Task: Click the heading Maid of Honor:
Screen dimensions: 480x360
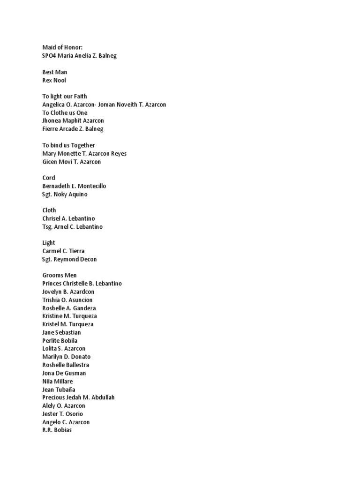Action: [x=62, y=47]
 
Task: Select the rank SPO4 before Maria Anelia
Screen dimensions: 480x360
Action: [x=49, y=56]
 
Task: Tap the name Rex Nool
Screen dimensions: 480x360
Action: [x=54, y=80]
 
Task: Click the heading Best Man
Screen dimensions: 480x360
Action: [x=54, y=72]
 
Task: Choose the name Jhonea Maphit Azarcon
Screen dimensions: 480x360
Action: [x=73, y=121]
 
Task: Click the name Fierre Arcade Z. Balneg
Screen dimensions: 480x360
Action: [x=73, y=129]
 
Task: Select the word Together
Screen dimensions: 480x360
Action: [x=83, y=145]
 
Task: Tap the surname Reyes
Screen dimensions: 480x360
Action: [x=118, y=153]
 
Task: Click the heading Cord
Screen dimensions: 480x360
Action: [x=49, y=178]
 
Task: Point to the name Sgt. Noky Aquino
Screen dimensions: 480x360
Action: [x=65, y=194]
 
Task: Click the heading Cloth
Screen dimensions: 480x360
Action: [x=49, y=210]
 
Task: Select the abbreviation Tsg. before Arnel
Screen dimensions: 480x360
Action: [x=48, y=227]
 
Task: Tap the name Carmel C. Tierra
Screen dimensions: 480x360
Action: [x=63, y=251]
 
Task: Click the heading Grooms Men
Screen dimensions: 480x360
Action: [x=60, y=276]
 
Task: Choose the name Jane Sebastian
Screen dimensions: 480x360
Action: [x=61, y=332]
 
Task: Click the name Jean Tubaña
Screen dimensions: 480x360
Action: [x=59, y=390]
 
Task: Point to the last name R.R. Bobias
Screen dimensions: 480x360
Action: [x=57, y=430]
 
